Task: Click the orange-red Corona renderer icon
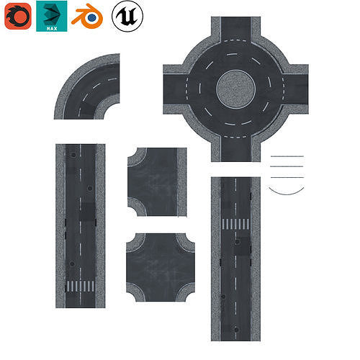tap(17, 16)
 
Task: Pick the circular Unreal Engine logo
tap(127, 16)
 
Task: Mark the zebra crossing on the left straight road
tap(80, 287)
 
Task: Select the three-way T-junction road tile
tap(155, 181)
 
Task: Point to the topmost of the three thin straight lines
tap(287, 156)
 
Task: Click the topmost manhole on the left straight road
tap(72, 153)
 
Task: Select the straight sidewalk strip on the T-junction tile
tap(181, 181)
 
